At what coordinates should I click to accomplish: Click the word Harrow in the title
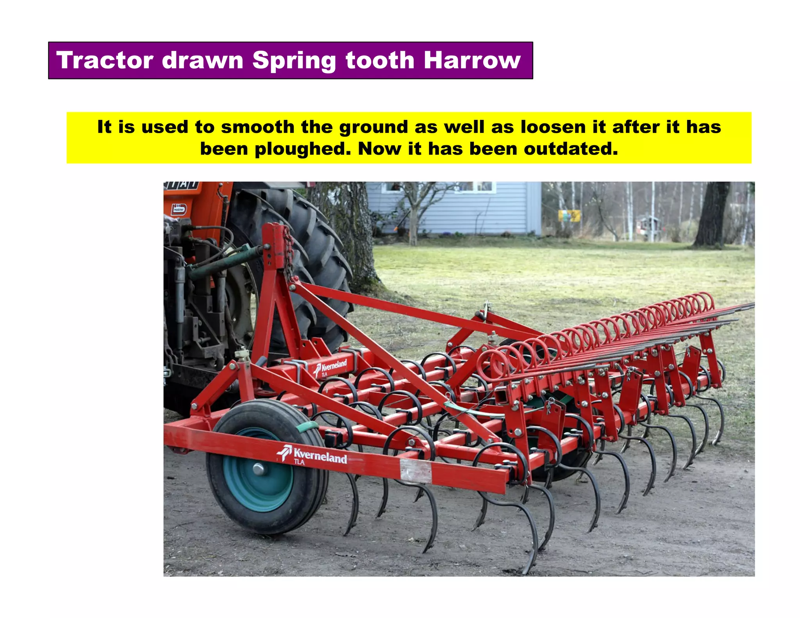(472, 61)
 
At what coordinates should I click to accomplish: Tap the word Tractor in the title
(105, 61)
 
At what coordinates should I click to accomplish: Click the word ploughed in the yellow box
(303, 149)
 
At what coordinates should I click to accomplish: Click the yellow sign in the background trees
(569, 215)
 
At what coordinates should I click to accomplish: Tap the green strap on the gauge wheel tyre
(307, 427)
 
